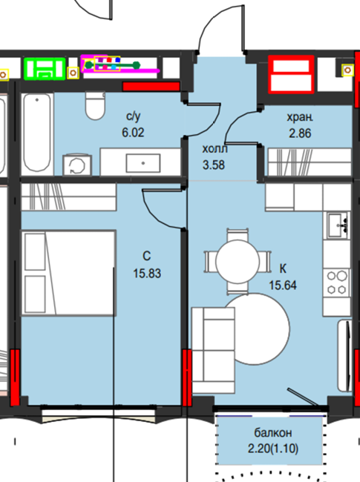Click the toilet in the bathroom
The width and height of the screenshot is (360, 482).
coord(96,105)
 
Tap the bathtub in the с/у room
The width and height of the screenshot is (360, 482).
coord(37,133)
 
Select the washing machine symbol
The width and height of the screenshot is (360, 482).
coord(77,165)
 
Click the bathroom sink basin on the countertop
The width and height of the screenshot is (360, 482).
coord(143,163)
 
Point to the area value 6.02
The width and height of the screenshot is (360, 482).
coord(133,133)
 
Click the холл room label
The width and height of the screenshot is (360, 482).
coord(215,149)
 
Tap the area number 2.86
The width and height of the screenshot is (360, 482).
coord(300,133)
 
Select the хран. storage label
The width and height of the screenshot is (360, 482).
coord(300,117)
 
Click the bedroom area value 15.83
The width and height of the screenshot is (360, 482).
coord(147,274)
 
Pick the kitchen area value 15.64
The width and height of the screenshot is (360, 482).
coord(283,285)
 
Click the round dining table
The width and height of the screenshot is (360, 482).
coord(238,262)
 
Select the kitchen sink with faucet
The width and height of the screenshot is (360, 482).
coord(338,225)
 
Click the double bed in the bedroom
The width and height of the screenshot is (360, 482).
coord(68,273)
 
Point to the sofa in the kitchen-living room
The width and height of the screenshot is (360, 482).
coord(213,350)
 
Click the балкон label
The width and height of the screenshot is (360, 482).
coord(273,433)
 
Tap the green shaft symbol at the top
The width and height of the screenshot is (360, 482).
coord(45,68)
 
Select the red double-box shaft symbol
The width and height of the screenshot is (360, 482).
coord(291,74)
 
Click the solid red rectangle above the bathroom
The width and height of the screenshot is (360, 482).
coord(151,86)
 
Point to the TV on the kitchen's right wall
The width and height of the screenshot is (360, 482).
coord(345,356)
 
